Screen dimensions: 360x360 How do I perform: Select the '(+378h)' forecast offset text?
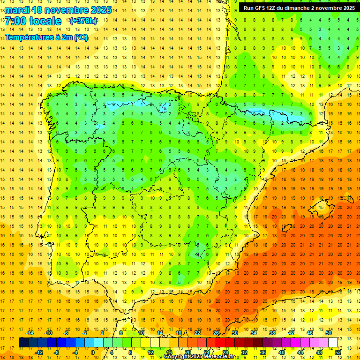[x=83, y=21]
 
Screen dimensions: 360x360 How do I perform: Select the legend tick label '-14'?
[x=30, y=332]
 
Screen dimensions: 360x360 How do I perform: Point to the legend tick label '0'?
[x=92, y=352]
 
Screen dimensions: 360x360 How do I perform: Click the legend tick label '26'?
[x=216, y=332]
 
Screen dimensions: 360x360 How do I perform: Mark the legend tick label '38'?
[x=272, y=332]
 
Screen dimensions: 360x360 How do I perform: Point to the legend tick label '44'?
[x=300, y=352]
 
